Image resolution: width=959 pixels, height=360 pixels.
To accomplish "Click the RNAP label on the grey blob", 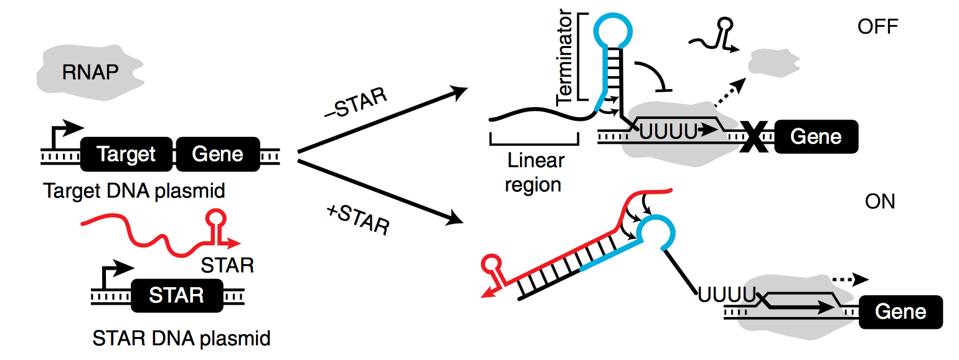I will click(x=90, y=72).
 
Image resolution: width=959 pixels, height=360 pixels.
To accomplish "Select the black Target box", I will click(x=126, y=154).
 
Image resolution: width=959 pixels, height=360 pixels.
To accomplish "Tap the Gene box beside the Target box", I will click(x=217, y=154).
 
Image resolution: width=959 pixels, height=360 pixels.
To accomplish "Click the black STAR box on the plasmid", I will click(x=176, y=295).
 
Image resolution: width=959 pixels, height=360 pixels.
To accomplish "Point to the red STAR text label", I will click(x=228, y=265).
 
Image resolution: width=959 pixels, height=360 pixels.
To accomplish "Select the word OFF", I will click(x=878, y=27).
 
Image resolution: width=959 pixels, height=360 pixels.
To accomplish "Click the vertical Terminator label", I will click(x=564, y=59).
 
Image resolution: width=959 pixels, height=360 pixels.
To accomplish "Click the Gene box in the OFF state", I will click(x=816, y=136).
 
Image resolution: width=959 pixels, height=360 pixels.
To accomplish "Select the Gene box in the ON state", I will click(x=900, y=311).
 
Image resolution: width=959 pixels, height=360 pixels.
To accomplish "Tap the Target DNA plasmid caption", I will click(x=134, y=191).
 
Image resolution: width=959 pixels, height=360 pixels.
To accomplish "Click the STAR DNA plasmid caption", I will click(x=181, y=338).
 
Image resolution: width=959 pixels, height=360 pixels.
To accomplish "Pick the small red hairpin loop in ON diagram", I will click(x=492, y=262).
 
